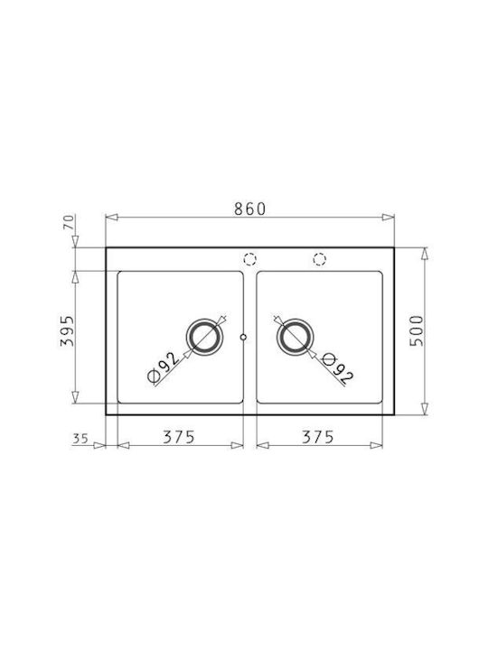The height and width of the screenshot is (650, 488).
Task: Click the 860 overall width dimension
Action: click(x=249, y=209)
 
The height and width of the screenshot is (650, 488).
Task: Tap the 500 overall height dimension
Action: click(x=417, y=330)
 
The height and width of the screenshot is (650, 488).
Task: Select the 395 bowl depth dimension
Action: click(x=67, y=330)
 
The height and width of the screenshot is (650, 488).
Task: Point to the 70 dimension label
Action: click(x=70, y=222)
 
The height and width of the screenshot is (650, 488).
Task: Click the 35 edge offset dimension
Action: click(x=80, y=438)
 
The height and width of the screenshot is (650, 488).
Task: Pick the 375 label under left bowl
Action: click(x=178, y=437)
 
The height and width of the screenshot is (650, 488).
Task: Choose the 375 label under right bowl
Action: click(x=317, y=437)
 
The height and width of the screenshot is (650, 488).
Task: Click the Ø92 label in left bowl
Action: click(x=164, y=367)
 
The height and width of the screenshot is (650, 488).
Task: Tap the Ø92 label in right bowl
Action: click(x=338, y=367)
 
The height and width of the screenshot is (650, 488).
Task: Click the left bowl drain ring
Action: click(x=205, y=320)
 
